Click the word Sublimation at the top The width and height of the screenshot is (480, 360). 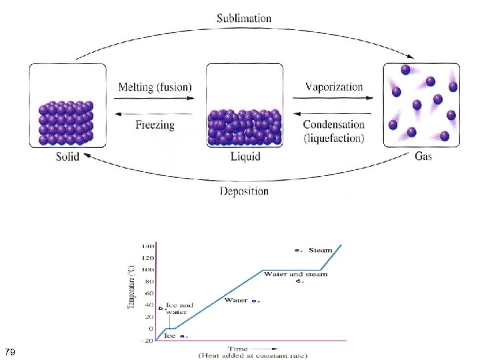[244, 19]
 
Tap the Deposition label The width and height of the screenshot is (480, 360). [244, 191]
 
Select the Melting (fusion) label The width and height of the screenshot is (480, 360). [155, 87]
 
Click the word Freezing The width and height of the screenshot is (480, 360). [155, 124]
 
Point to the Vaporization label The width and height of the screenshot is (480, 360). [334, 87]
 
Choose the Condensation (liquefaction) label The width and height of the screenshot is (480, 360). [334, 131]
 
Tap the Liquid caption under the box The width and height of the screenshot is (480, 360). [245, 157]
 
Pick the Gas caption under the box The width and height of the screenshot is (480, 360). [423, 157]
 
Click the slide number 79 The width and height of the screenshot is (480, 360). [10, 351]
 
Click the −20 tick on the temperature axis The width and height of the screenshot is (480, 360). [146, 341]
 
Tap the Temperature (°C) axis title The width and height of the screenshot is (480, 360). [131, 287]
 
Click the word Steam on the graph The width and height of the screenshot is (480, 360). [320, 250]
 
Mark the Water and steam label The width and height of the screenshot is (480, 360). [295, 274]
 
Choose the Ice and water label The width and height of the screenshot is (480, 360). [179, 309]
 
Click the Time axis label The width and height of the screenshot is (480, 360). [238, 348]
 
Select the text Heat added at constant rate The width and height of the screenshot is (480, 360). [253, 356]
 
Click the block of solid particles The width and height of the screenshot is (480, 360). [65, 123]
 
